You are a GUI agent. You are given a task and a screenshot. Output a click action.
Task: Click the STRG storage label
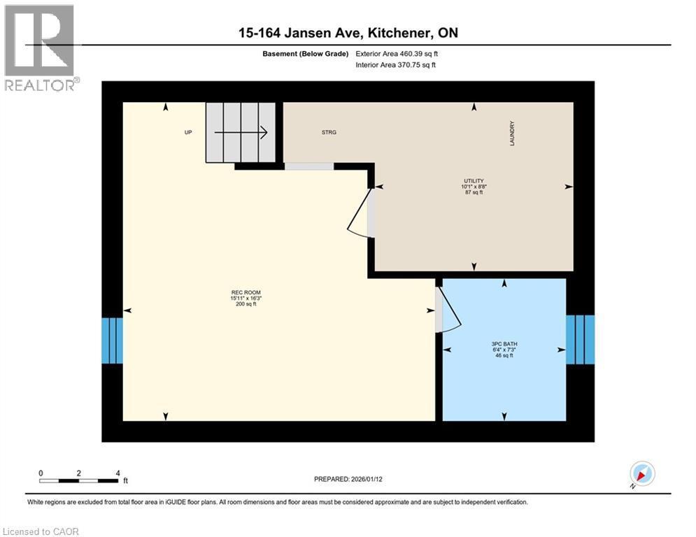pos(329,132)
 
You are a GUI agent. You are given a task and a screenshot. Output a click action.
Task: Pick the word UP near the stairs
pos(188,132)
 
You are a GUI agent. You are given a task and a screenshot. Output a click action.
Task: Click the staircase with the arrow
pos(240,132)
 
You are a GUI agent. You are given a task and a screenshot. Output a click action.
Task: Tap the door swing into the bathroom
pos(448,311)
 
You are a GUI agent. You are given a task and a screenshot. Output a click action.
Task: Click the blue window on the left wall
pos(112,341)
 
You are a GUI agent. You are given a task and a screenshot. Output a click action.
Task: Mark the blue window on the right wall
pos(580,340)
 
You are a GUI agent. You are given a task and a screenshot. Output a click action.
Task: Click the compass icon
pos(641,474)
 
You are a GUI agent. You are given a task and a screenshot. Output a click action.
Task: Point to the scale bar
pos(79,480)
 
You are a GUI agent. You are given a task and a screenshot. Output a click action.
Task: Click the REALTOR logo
pos(40,48)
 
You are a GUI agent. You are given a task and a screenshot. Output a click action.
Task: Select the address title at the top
pos(347,33)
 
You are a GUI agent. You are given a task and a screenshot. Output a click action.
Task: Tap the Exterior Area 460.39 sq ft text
pos(397,53)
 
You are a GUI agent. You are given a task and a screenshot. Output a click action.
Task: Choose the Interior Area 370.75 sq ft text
pos(396,65)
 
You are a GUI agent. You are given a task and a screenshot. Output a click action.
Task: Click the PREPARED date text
pos(347,479)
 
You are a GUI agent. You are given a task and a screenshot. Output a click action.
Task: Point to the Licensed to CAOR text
pos(41,531)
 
